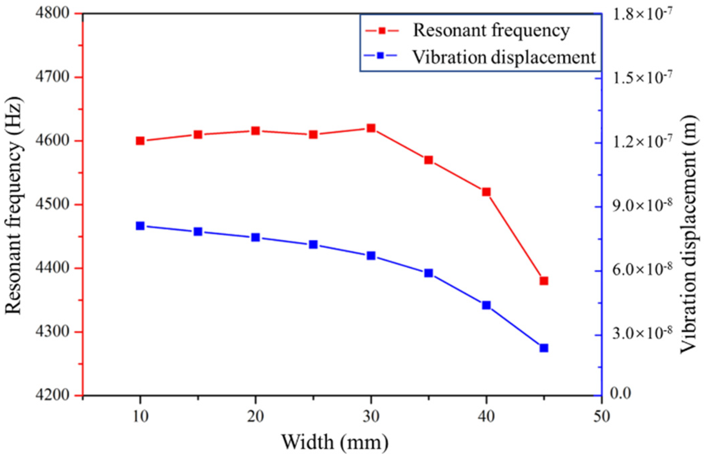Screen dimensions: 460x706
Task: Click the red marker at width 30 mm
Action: [x=371, y=128]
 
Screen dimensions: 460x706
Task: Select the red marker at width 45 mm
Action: [x=544, y=281]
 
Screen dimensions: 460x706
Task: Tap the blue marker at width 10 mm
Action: [x=140, y=226]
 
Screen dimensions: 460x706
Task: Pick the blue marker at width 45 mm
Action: [x=544, y=348]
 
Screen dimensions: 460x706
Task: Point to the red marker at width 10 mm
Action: [x=140, y=141]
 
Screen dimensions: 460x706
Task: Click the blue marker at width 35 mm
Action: [x=428, y=273]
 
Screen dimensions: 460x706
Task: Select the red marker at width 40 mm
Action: [x=486, y=192]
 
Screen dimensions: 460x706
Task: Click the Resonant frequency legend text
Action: [x=491, y=31]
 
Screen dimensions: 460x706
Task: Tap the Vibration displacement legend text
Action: [x=504, y=57]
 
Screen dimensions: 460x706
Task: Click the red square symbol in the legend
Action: [x=382, y=31]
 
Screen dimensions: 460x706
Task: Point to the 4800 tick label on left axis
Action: [x=52, y=13]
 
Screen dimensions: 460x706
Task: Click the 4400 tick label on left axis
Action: [x=52, y=269]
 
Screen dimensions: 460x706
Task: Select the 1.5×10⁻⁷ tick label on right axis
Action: [x=642, y=77]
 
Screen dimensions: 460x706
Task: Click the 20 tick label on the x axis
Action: [x=255, y=417]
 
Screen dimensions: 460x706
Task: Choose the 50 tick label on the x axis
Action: [x=601, y=417]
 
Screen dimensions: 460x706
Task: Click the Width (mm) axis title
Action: [x=335, y=442]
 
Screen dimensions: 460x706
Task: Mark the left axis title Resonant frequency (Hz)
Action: [x=14, y=205]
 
